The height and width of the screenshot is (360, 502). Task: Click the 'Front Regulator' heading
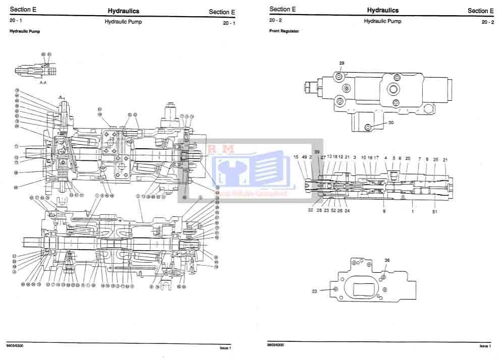(284, 31)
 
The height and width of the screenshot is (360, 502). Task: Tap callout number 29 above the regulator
(342, 63)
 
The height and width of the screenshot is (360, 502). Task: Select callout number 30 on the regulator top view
(391, 123)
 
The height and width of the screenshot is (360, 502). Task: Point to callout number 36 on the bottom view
(387, 261)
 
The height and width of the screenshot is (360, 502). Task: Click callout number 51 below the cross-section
(434, 212)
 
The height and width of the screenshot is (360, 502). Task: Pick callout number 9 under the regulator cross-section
(384, 211)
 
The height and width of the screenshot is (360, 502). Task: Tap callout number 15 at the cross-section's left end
(296, 157)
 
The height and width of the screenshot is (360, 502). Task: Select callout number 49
(304, 157)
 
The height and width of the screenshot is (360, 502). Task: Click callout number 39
(317, 152)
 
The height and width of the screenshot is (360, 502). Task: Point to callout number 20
(408, 158)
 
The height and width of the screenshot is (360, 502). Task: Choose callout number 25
(435, 159)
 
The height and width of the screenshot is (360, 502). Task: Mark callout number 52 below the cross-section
(333, 210)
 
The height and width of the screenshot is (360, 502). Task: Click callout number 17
(376, 158)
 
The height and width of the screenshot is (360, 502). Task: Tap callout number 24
(347, 210)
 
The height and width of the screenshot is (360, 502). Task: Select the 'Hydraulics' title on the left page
(124, 11)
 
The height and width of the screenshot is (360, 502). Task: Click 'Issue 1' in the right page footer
(485, 346)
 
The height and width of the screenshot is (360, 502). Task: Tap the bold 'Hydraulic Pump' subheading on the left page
(25, 31)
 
